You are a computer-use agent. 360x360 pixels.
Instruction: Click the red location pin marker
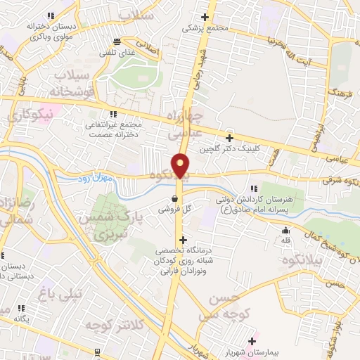tap(181, 165)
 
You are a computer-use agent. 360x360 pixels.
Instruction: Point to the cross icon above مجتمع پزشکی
tap(205, 17)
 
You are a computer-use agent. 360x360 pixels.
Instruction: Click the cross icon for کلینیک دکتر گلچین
tap(229, 138)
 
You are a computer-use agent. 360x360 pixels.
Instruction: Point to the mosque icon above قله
tap(285, 231)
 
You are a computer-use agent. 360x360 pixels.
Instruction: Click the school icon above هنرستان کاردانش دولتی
tap(255, 188)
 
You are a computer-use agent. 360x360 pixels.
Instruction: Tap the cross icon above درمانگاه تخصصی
tap(184, 240)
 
